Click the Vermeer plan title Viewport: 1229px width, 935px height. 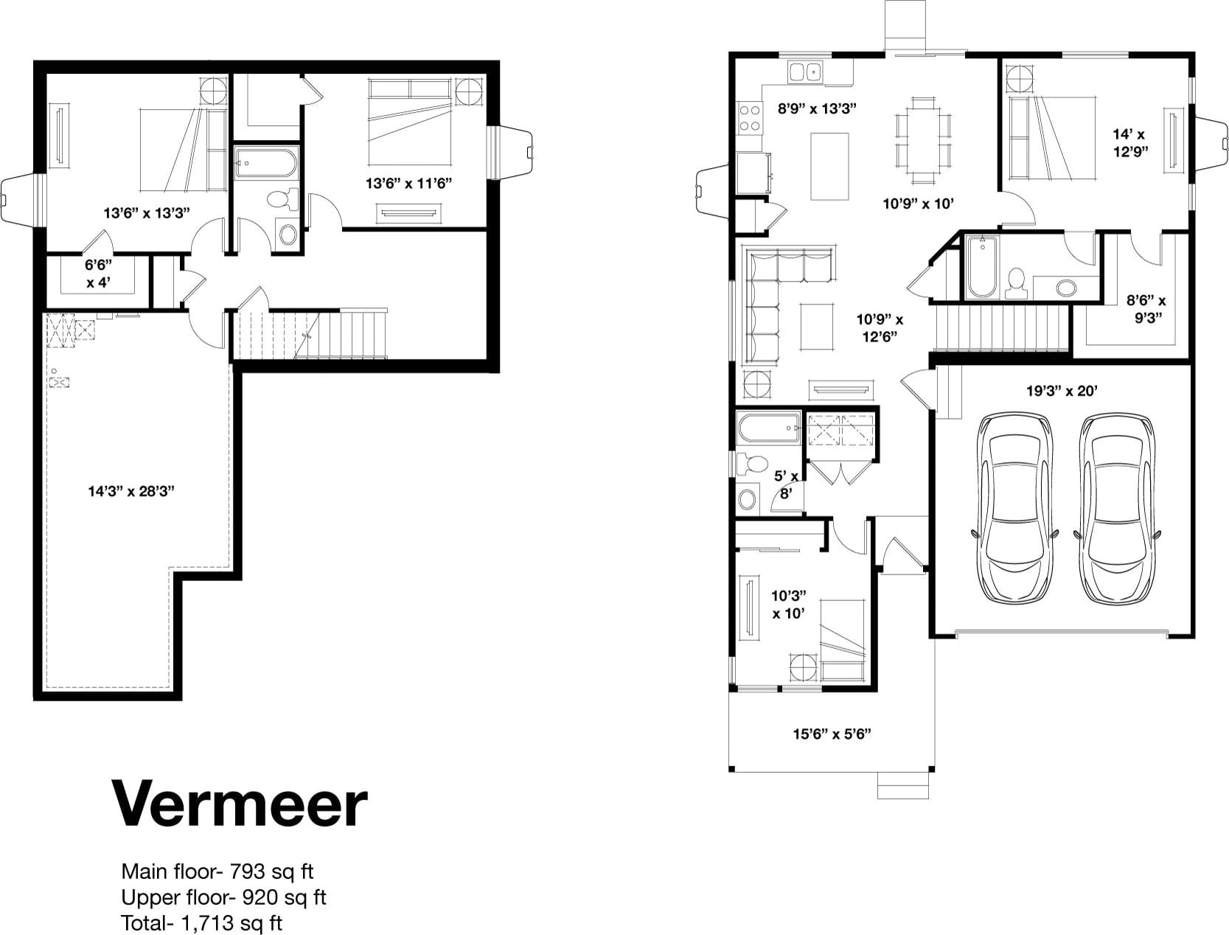pyautogui.click(x=240, y=804)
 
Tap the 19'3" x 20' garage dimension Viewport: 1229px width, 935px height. pyautogui.click(x=1062, y=391)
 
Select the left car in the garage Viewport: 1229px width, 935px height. pyautogui.click(x=1014, y=508)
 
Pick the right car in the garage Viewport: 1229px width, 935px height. pyautogui.click(x=1116, y=508)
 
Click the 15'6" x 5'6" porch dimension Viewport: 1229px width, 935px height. pyautogui.click(x=832, y=734)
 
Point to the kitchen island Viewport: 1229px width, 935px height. pyautogui.click(x=829, y=167)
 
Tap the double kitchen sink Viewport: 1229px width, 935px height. pyautogui.click(x=804, y=72)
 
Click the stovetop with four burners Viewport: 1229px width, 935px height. pyautogui.click(x=750, y=118)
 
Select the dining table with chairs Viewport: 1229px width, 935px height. pyautogui.click(x=923, y=141)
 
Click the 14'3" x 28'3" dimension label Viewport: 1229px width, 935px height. pyautogui.click(x=131, y=491)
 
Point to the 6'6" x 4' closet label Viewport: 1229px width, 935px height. pyautogui.click(x=99, y=274)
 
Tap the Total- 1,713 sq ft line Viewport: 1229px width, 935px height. pyautogui.click(x=201, y=922)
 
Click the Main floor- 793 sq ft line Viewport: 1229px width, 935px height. pyautogui.click(x=217, y=872)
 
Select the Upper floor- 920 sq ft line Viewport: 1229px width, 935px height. pyautogui.click(x=223, y=897)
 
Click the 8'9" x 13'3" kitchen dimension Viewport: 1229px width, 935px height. pyautogui.click(x=818, y=108)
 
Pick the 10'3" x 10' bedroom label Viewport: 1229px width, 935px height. pyautogui.click(x=788, y=605)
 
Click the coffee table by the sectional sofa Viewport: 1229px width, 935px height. pyautogui.click(x=816, y=326)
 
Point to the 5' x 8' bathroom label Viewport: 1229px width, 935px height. pyautogui.click(x=786, y=484)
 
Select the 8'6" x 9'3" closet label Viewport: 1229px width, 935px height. pyautogui.click(x=1146, y=309)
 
